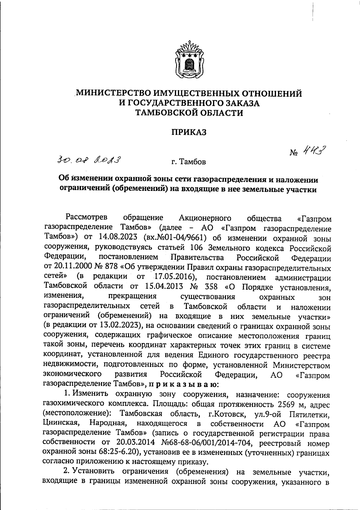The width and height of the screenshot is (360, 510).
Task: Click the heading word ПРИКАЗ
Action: [x=189, y=132]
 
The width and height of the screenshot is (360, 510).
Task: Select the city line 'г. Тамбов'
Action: [x=189, y=162]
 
